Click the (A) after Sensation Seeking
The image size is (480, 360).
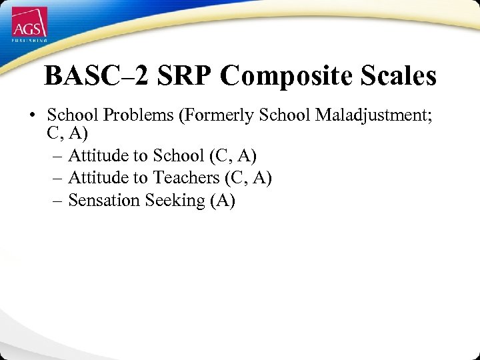point(222,201)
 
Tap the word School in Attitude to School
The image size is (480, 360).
point(179,155)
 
